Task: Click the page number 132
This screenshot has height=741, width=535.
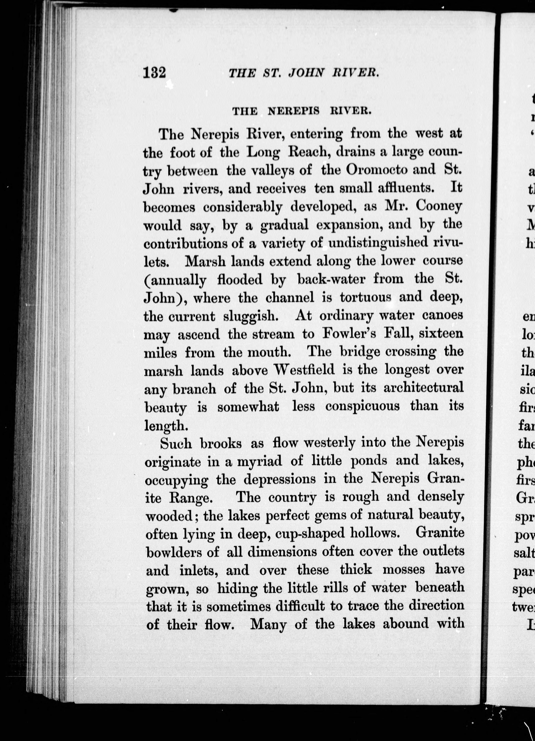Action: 154,73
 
